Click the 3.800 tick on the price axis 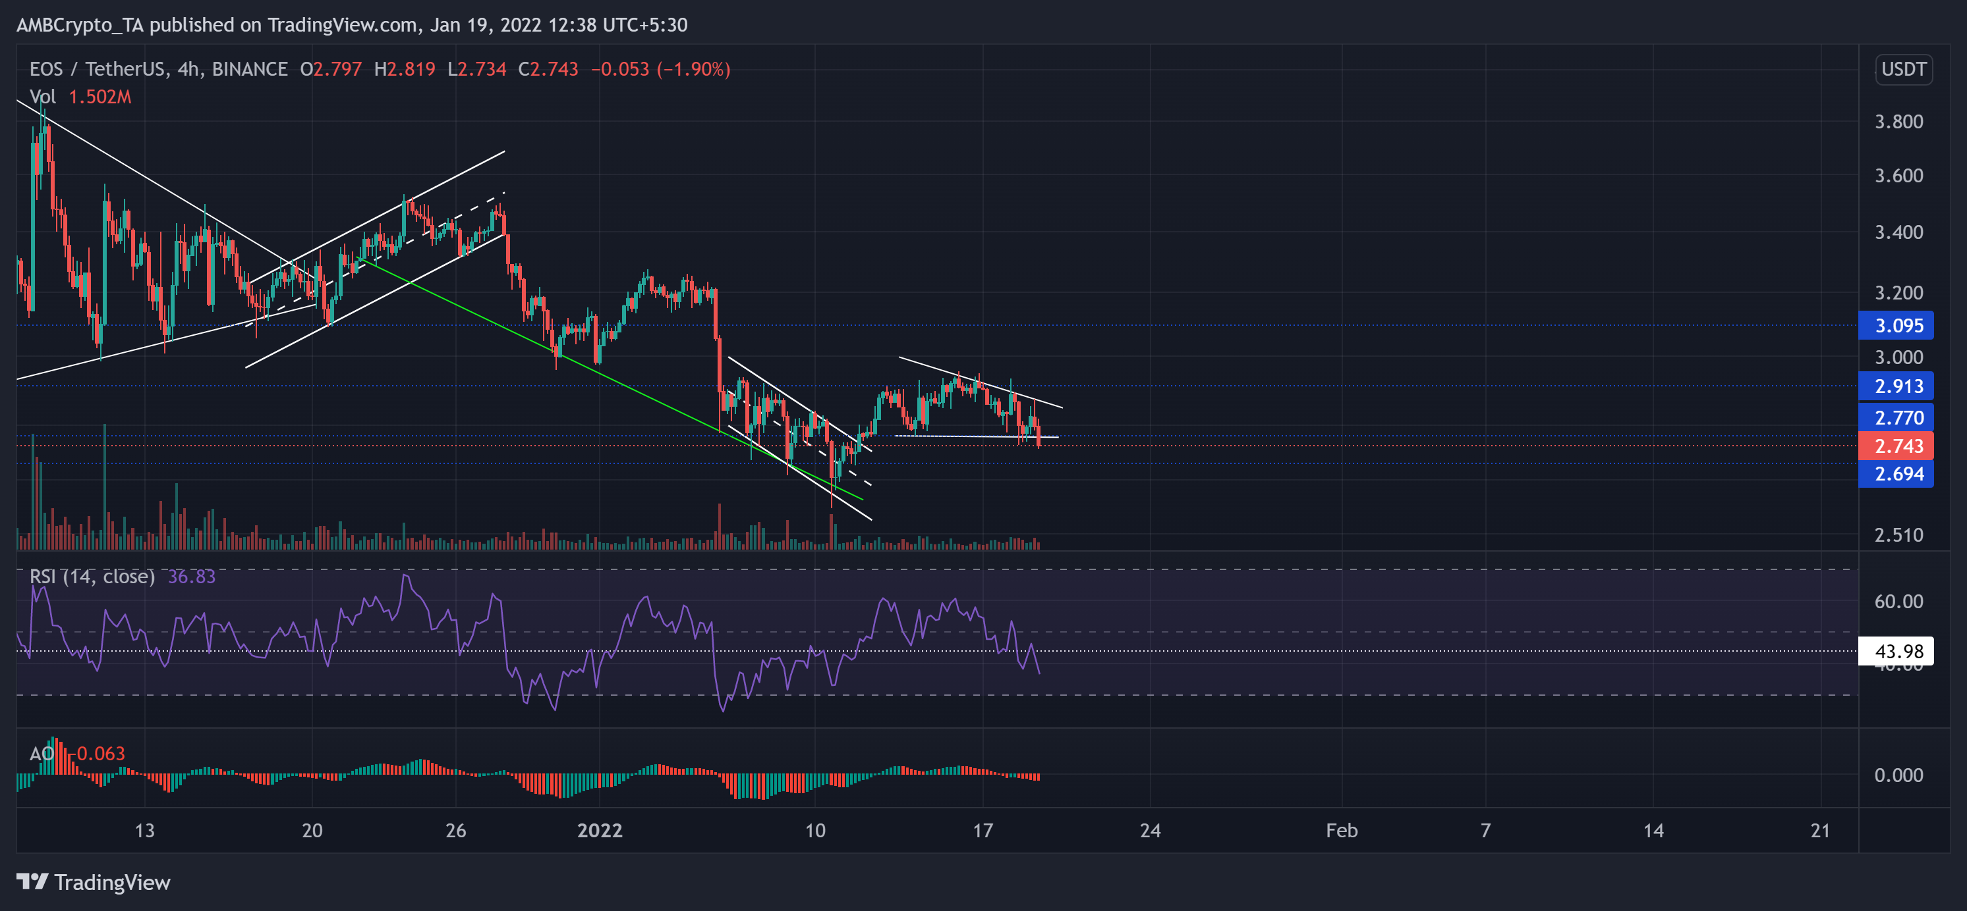pos(1898,122)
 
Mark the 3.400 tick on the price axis pos(1898,232)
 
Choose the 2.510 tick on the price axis pos(1898,535)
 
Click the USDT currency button pos(1903,69)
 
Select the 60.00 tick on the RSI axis pos(1898,601)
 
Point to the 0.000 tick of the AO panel pos(1898,775)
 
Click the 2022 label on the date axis pos(600,830)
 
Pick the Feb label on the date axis pos(1341,830)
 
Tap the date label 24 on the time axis pos(1150,830)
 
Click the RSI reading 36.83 pos(191,577)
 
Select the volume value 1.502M pos(100,97)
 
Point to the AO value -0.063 pos(100,754)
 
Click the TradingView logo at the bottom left pos(93,882)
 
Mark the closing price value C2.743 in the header pos(548,69)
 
